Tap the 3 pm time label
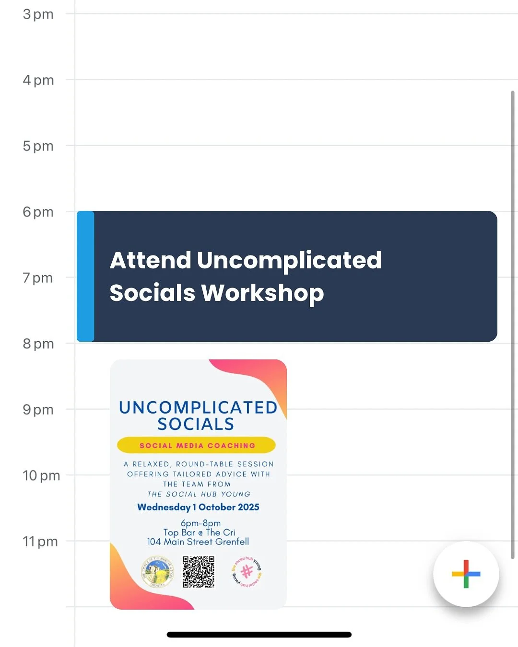pos(38,14)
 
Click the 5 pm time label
pos(38,146)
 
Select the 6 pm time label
pos(38,212)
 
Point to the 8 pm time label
pos(38,344)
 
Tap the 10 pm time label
pos(41,475)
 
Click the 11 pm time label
pos(40,542)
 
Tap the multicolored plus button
pos(466,574)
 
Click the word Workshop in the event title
pos(262,293)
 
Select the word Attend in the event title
pos(151,260)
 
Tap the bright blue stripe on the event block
pos(85,276)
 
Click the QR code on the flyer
pos(199,572)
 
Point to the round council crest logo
pos(157,572)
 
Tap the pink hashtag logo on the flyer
pos(247,572)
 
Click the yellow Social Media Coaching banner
pos(197,445)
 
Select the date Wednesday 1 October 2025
pos(198,507)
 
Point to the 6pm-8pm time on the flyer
pos(200,523)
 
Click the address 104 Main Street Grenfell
pos(198,542)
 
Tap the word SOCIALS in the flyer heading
pos(196,424)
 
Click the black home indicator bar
pos(259,635)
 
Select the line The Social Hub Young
pos(199,494)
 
